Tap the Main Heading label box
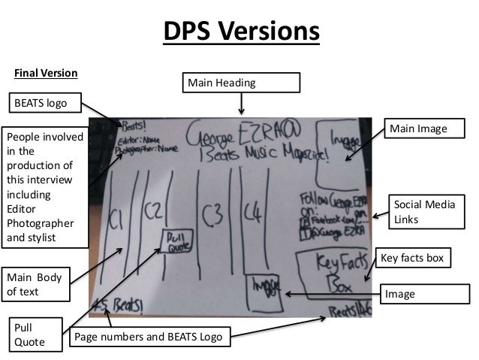point(241,82)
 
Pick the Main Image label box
point(416,130)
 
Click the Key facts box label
point(414,259)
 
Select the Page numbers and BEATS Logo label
point(147,337)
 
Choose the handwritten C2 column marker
point(153,210)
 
